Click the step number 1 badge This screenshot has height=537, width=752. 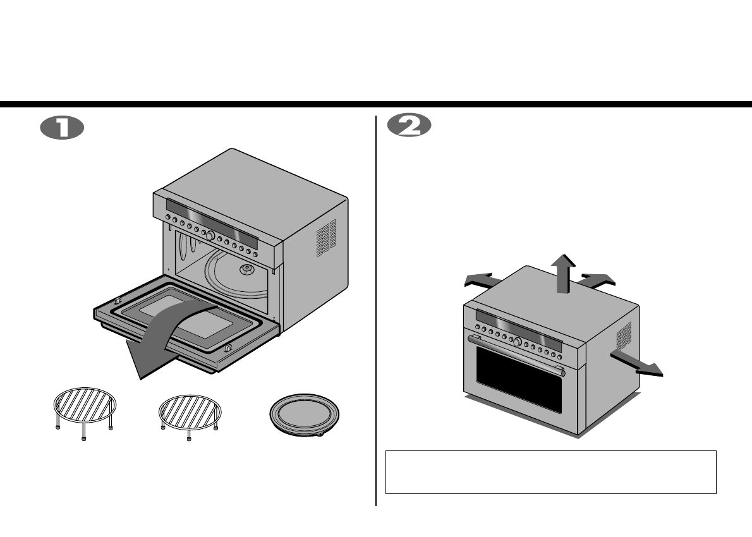coord(62,127)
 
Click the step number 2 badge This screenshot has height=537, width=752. coord(409,126)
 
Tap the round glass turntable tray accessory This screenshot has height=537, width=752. coord(304,414)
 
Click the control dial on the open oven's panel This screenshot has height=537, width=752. coord(209,236)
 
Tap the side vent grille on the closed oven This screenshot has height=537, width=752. coord(624,336)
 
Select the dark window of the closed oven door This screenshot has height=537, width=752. coord(519,378)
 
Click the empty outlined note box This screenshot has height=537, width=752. coord(550,472)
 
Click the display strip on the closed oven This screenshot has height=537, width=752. coord(518,327)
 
